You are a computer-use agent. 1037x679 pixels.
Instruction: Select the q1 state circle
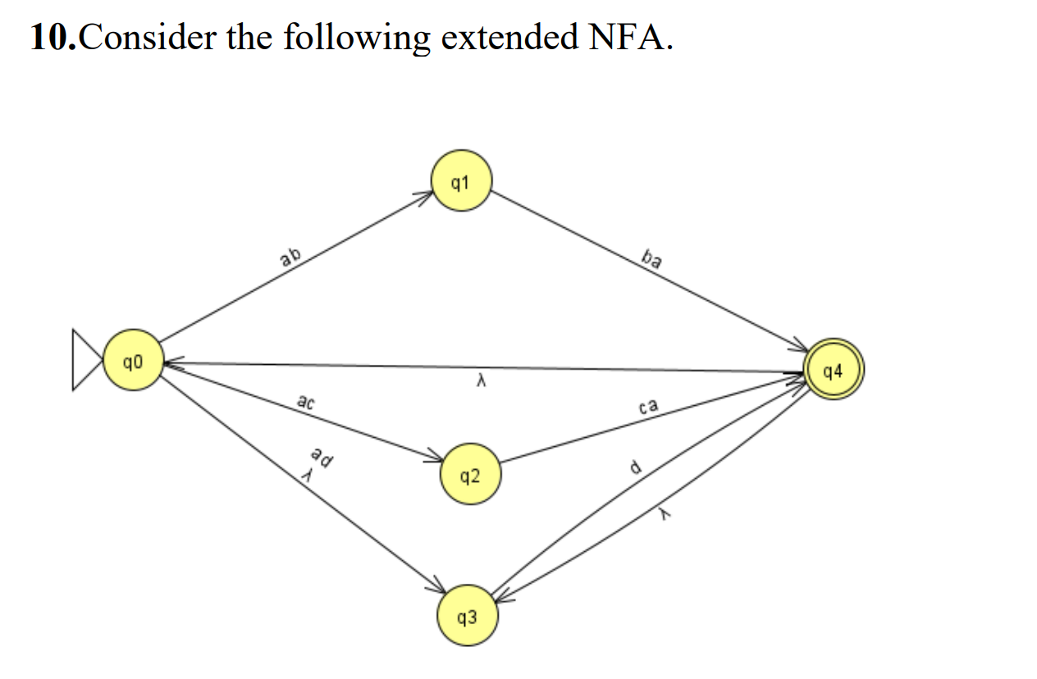point(461,182)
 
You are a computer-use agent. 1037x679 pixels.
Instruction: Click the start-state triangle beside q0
point(85,360)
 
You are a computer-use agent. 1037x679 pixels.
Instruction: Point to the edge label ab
point(290,257)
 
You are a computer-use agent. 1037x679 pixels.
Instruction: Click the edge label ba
point(651,261)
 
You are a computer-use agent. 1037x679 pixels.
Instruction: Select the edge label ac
point(305,402)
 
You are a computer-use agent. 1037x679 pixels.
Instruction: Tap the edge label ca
point(648,406)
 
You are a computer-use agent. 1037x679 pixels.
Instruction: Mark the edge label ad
point(322,458)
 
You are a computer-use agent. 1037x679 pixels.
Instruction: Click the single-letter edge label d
point(634,468)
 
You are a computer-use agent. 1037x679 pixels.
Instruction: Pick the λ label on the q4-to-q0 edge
point(483,382)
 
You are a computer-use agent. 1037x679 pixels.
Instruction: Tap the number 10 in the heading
point(52,38)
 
